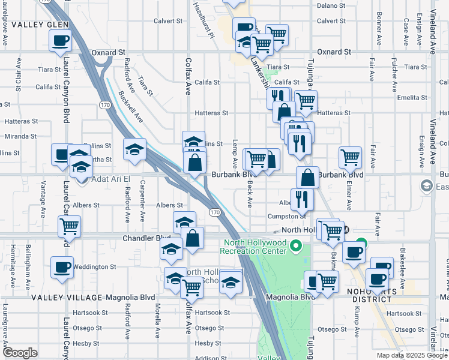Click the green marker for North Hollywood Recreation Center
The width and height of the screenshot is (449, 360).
tap(295, 245)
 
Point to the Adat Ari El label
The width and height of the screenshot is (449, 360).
tap(112, 178)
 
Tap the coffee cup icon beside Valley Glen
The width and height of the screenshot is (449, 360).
tap(61, 41)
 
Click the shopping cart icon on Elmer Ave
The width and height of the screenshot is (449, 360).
tap(350, 158)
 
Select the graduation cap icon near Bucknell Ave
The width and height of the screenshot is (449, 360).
tap(134, 149)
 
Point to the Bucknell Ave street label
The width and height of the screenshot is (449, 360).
tap(130, 106)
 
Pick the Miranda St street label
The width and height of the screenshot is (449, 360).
tap(21, 136)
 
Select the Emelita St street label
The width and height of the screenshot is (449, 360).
tap(411, 97)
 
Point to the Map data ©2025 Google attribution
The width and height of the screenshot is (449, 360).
tap(411, 355)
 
